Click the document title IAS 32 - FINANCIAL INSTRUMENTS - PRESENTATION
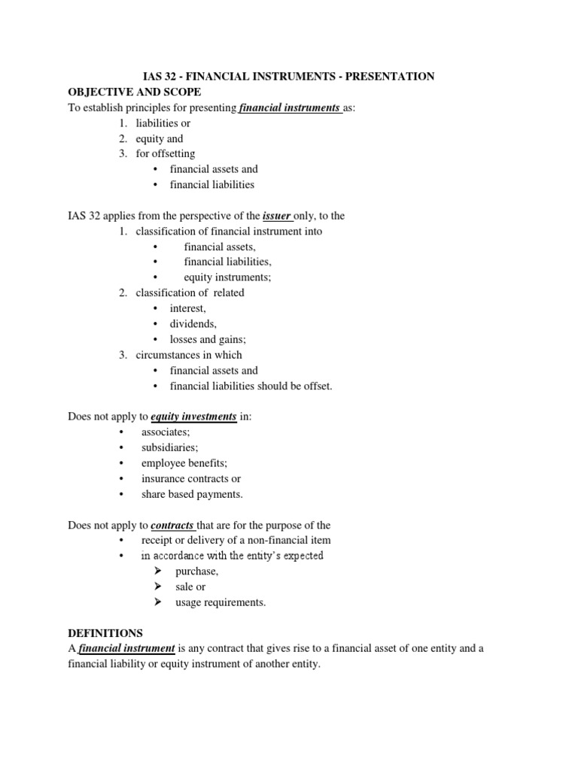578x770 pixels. click(x=288, y=76)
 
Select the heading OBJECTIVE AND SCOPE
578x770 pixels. click(x=135, y=92)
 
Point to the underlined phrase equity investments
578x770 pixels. click(x=193, y=416)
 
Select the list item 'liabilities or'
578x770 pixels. click(x=157, y=123)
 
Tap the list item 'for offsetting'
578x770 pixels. click(x=165, y=154)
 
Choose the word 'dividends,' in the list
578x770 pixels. click(x=193, y=324)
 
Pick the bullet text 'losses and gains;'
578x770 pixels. click(x=208, y=340)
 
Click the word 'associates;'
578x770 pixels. click(x=166, y=432)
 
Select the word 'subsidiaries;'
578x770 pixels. click(x=169, y=447)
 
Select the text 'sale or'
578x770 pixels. click(x=190, y=587)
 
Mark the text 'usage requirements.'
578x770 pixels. click(x=221, y=602)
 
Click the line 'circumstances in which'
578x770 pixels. click(x=189, y=355)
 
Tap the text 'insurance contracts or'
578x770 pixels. click(x=191, y=478)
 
